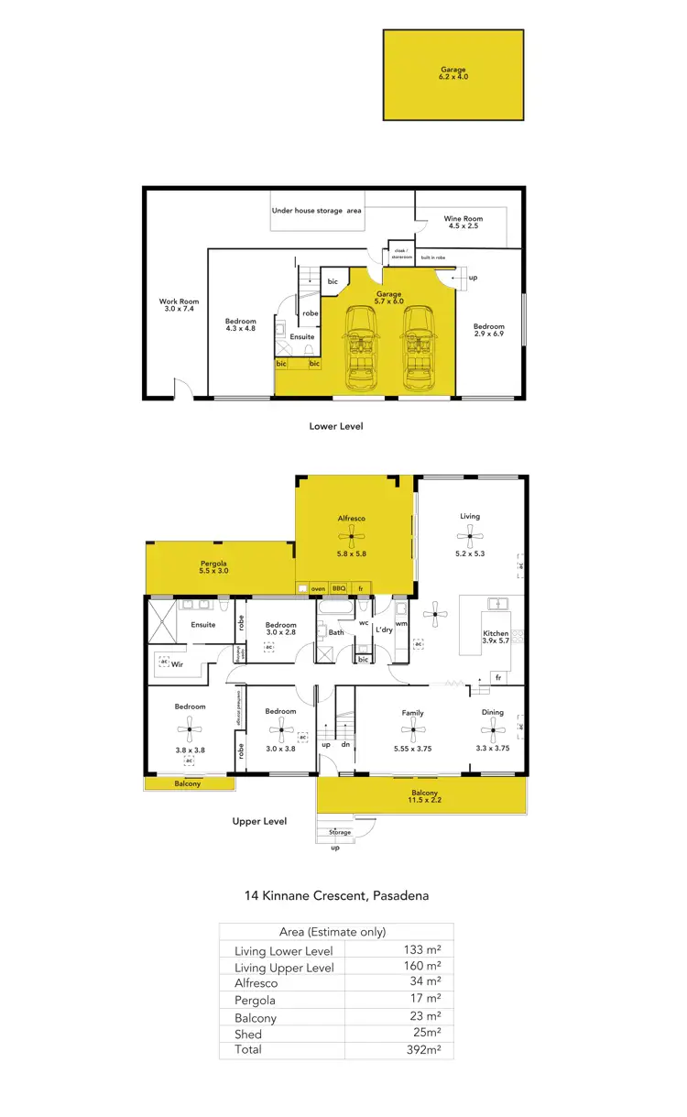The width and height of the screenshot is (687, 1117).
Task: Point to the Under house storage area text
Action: tap(316, 211)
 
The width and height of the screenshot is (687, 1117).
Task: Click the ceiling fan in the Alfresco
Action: tap(351, 540)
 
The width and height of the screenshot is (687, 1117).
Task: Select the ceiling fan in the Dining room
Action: tap(493, 730)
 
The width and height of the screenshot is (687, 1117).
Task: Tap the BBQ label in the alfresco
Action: tap(339, 588)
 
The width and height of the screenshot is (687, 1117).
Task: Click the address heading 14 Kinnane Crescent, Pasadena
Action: tap(336, 895)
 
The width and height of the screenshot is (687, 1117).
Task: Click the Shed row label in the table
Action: tap(248, 1034)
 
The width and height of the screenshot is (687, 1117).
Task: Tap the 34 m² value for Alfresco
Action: tap(426, 982)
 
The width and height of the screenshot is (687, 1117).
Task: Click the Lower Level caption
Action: tap(335, 426)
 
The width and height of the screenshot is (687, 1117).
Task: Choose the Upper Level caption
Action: tap(259, 821)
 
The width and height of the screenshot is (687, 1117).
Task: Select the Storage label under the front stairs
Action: tap(340, 832)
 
